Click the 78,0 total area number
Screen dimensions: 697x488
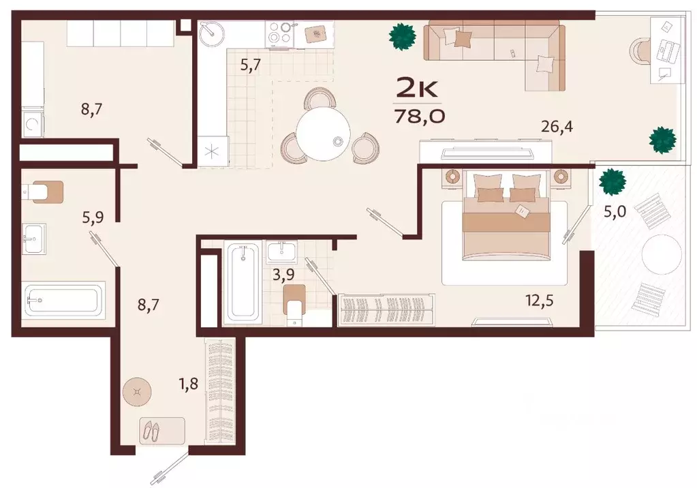click(420, 117)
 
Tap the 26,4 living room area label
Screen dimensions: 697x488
click(557, 127)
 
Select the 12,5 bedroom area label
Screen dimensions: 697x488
click(540, 301)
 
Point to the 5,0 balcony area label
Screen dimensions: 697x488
click(615, 211)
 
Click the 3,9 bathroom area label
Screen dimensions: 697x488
click(283, 275)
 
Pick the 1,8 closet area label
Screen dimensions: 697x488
click(188, 382)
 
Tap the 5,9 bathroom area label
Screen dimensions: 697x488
click(93, 217)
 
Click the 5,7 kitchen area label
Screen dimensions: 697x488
click(250, 65)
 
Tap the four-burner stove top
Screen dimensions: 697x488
click(279, 33)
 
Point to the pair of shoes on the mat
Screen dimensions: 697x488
click(152, 431)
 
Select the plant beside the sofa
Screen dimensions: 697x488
click(403, 37)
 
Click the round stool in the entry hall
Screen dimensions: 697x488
click(137, 392)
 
